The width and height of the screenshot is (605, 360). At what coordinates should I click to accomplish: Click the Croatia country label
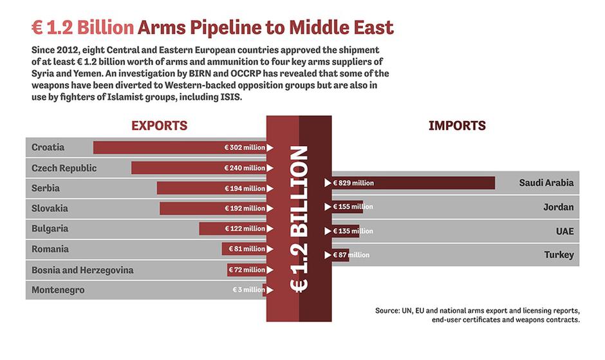click(x=48, y=147)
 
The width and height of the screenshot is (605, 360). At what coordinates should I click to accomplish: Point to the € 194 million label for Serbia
click(x=245, y=189)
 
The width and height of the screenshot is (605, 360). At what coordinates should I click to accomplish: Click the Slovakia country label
click(x=50, y=209)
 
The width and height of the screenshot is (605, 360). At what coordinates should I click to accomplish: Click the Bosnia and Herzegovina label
click(x=82, y=270)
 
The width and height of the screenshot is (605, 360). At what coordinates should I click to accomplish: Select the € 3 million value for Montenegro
click(x=248, y=290)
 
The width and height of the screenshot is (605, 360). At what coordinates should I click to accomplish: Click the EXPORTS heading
click(x=160, y=126)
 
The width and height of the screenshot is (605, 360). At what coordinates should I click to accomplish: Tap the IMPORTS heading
click(x=457, y=126)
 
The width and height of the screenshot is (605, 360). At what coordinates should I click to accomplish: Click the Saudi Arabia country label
click(x=546, y=183)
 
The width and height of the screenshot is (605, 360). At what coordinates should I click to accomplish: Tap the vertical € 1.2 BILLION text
click(x=299, y=219)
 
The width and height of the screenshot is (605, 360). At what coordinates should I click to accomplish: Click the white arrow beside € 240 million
click(x=270, y=168)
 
